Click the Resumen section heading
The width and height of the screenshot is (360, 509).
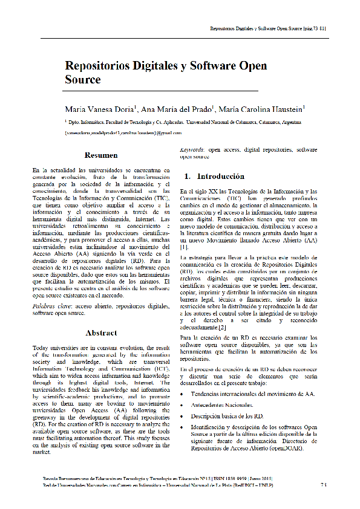[101, 155]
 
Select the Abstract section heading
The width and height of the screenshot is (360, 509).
[101, 332]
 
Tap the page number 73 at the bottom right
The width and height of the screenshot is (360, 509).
[324, 484]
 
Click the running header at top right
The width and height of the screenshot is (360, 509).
[268, 28]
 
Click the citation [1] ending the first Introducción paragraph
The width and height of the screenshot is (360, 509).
[184, 247]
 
